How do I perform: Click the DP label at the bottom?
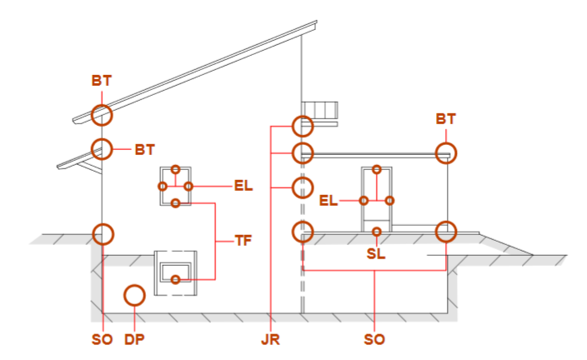(134, 339)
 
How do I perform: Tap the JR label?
(270, 339)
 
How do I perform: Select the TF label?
(243, 241)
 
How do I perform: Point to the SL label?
(376, 253)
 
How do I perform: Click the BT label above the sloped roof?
(102, 81)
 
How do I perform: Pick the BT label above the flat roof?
(446, 119)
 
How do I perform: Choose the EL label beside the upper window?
(243, 186)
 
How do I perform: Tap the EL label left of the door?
(329, 201)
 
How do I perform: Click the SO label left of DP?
(103, 339)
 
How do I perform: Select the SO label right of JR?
(374, 339)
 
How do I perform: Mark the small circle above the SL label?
(377, 232)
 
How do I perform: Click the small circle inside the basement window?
(176, 279)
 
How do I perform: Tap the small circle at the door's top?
(377, 169)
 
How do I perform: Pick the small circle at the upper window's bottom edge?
(176, 203)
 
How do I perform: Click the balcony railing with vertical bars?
(320, 109)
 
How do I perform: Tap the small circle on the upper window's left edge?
(163, 186)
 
